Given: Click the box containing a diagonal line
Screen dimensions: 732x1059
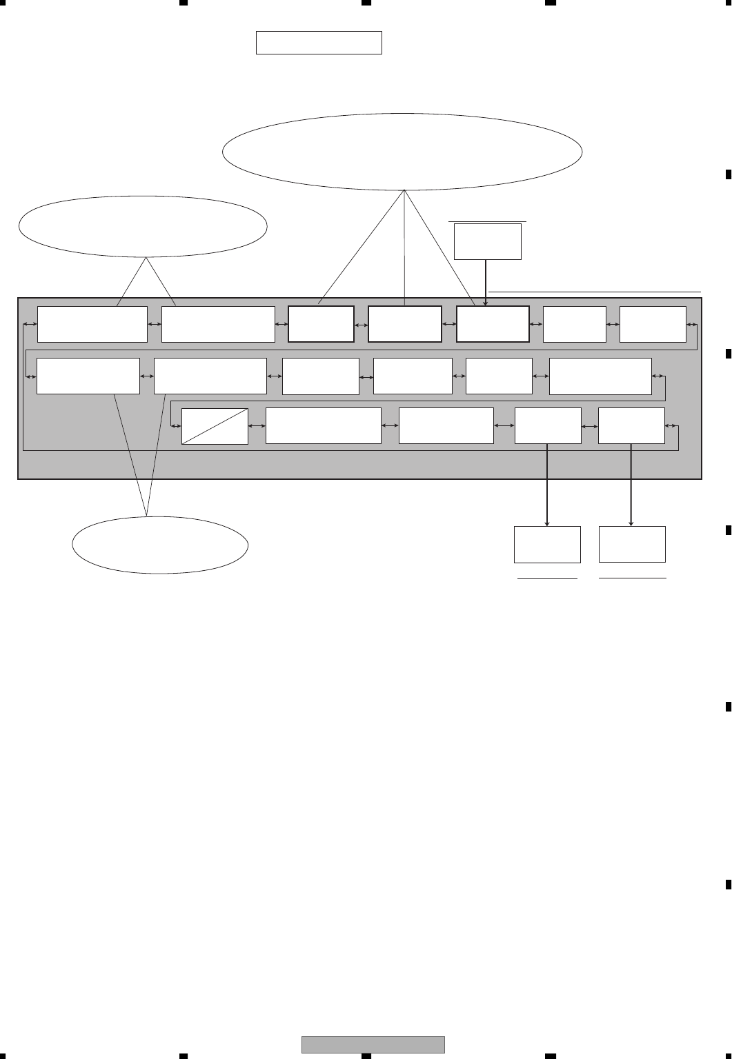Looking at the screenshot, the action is pyautogui.click(x=215, y=426).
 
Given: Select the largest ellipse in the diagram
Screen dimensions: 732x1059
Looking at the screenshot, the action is pyautogui.click(x=402, y=152).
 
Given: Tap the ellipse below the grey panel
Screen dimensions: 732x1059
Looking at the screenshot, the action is pyautogui.click(x=160, y=545).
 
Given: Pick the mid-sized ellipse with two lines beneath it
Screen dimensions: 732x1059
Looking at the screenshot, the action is pyautogui.click(x=143, y=225).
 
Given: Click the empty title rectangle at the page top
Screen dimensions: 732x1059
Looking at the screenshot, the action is pyautogui.click(x=319, y=42).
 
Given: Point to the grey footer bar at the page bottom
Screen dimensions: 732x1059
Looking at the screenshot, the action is pyautogui.click(x=373, y=1045).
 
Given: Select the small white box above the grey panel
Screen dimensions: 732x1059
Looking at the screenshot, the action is pyautogui.click(x=487, y=241).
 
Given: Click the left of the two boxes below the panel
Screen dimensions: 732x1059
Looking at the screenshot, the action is pyautogui.click(x=547, y=545).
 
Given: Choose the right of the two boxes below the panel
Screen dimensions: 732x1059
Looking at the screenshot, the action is pyautogui.click(x=632, y=544).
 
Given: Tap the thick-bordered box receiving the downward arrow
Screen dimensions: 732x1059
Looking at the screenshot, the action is pyautogui.click(x=493, y=324).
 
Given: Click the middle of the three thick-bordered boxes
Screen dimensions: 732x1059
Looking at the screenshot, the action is pyautogui.click(x=405, y=324).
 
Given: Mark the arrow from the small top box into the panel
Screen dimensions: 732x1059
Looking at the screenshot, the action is pyautogui.click(x=486, y=283).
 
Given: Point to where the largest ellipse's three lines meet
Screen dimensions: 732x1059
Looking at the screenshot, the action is pyautogui.click(x=404, y=190).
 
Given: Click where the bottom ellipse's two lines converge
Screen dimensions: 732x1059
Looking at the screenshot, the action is pyautogui.click(x=147, y=514).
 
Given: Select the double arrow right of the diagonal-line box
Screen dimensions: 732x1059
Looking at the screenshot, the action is pyautogui.click(x=257, y=426).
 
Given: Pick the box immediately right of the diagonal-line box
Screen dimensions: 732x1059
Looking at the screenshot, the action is pyautogui.click(x=323, y=425).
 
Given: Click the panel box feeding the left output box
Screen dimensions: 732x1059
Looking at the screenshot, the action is pyautogui.click(x=548, y=425).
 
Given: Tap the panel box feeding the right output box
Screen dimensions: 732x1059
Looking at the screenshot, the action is pyautogui.click(x=631, y=425).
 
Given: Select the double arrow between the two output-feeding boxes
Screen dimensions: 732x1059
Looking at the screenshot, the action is pyautogui.click(x=590, y=426).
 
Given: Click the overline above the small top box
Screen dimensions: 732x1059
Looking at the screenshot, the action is pyautogui.click(x=487, y=221).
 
